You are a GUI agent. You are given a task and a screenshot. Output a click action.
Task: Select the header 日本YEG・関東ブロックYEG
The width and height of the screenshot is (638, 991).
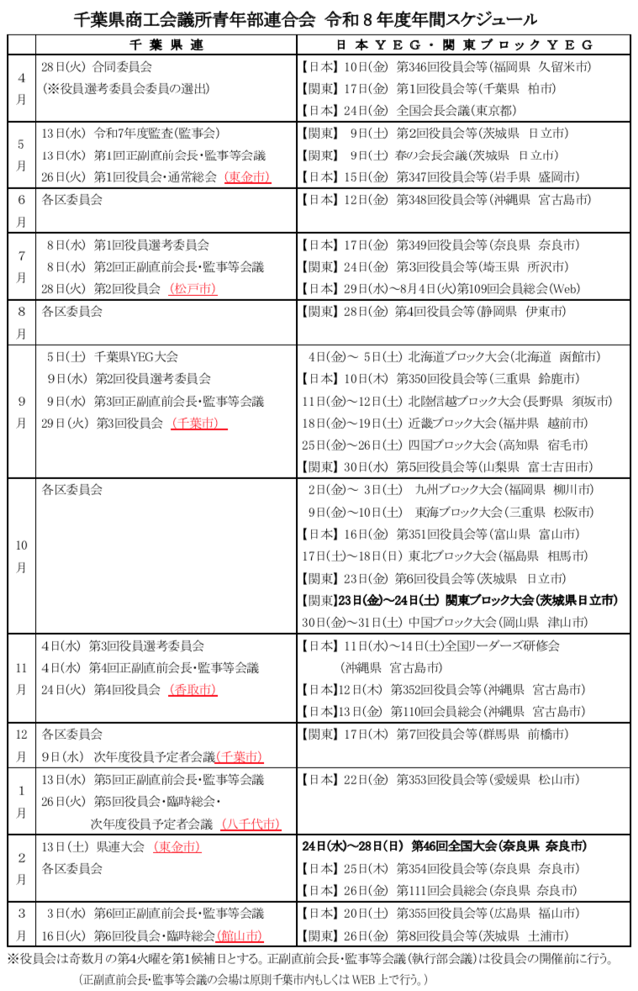click(x=463, y=45)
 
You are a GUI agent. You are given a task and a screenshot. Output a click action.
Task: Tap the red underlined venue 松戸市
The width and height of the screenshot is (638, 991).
click(x=192, y=288)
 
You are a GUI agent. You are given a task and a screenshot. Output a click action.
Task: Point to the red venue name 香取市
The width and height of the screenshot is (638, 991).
click(x=192, y=689)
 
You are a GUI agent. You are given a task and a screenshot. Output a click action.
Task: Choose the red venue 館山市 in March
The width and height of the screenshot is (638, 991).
click(x=239, y=935)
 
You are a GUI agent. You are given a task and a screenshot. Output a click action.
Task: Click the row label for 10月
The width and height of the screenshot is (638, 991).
click(x=22, y=556)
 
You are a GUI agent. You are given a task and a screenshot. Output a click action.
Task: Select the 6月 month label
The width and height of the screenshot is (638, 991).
click(x=22, y=210)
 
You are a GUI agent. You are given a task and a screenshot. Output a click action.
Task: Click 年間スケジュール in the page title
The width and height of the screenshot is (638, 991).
click(x=478, y=18)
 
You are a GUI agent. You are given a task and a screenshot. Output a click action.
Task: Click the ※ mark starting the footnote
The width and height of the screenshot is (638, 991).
click(x=13, y=958)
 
